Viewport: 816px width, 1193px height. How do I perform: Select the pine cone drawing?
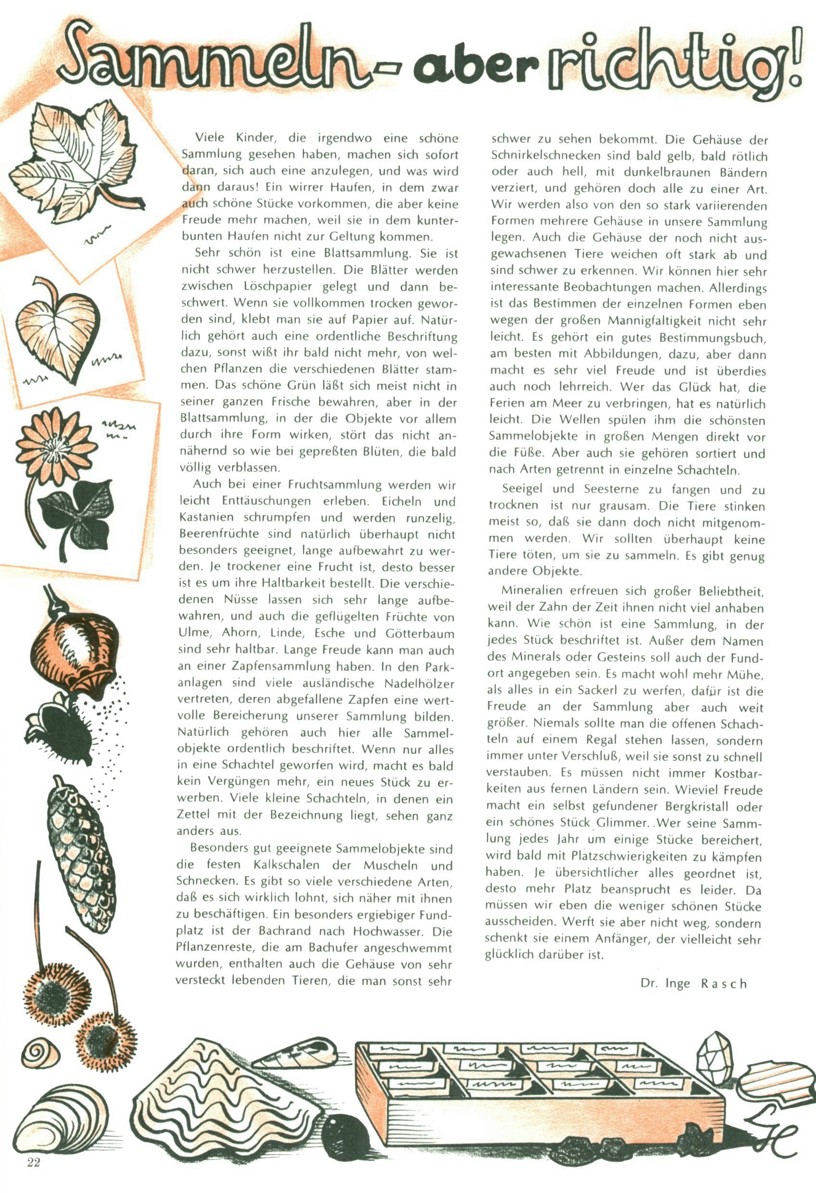pyautogui.click(x=82, y=852)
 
